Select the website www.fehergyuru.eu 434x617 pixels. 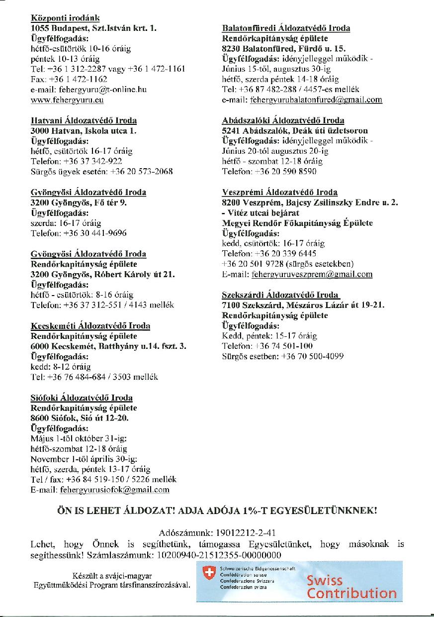[67, 100]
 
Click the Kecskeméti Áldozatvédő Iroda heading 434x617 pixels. [90, 326]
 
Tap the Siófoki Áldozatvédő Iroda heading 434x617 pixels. [82, 398]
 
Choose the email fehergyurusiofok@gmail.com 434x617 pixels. [114, 490]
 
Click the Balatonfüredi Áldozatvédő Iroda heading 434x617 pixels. [285, 28]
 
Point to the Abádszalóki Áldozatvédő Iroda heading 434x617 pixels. [283, 120]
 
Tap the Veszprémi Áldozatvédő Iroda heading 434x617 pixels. [280, 192]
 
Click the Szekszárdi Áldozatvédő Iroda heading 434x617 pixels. [281, 295]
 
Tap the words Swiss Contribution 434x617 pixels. [351, 587]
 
